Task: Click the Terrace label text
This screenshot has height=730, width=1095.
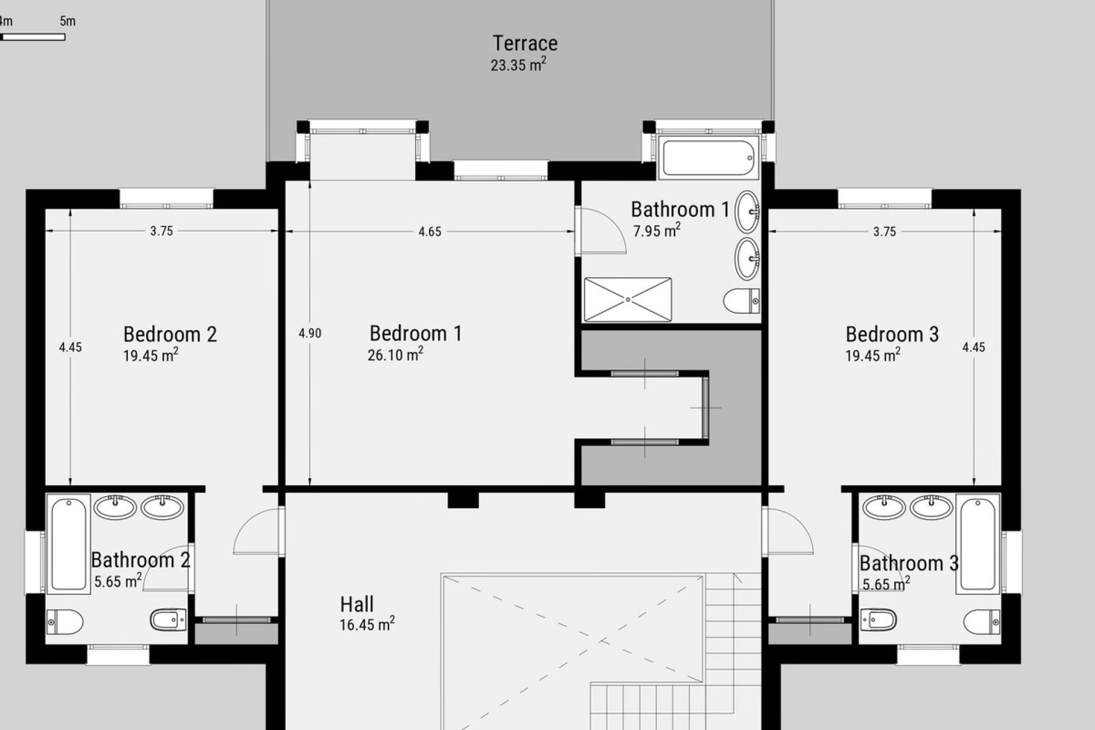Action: tap(525, 43)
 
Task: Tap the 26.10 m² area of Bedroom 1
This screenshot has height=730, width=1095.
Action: tap(395, 355)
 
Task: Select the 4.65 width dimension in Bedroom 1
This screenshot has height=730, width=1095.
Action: tap(429, 232)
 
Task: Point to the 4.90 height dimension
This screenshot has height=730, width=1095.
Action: tap(310, 334)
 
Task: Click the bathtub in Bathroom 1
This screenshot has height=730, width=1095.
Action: tap(709, 157)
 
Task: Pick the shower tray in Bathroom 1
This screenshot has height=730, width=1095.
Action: tap(628, 299)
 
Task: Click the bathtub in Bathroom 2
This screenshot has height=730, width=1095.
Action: tap(68, 544)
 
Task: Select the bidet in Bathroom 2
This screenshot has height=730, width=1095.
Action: tap(168, 620)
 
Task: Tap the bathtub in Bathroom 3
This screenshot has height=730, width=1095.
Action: tap(978, 544)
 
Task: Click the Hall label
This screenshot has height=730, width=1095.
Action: tap(357, 604)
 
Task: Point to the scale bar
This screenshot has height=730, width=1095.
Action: tap(33, 37)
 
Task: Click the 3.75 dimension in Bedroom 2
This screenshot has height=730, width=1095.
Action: tap(161, 231)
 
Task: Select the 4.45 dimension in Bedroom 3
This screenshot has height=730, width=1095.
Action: tap(973, 347)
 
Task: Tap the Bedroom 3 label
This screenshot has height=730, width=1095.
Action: tap(892, 334)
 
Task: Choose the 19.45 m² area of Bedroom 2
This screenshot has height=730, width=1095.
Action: tap(151, 356)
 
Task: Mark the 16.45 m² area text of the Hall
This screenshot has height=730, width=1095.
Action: tap(367, 624)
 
